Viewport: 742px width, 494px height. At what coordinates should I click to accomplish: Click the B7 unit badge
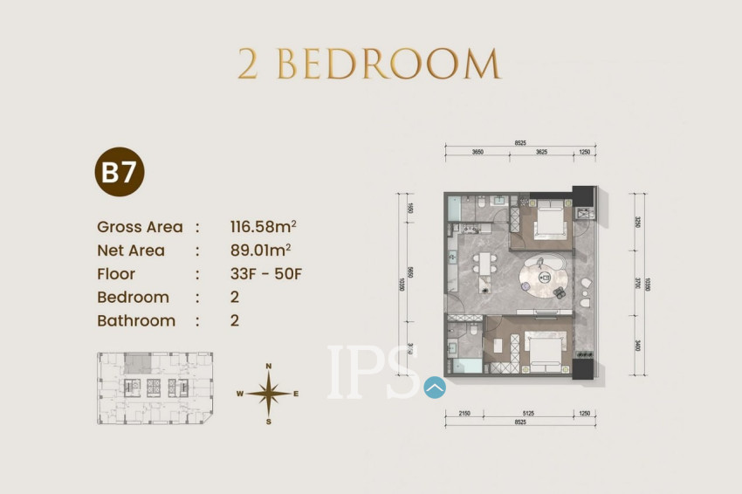pos(119,173)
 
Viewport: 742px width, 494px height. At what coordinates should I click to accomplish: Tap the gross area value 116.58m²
pos(263,227)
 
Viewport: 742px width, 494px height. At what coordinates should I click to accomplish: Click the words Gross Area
pos(140,227)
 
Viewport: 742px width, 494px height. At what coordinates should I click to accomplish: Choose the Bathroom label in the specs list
pos(136,320)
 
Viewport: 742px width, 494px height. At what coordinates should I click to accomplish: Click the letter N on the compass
pos(269,367)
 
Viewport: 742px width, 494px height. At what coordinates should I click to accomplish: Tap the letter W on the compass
pos(239,394)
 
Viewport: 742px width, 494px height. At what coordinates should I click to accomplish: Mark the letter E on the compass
pos(296,394)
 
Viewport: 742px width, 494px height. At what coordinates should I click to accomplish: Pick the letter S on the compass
pos(269,422)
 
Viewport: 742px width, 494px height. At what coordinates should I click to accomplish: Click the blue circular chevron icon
pos(435,387)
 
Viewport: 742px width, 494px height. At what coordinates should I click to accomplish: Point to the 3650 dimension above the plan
pos(477,153)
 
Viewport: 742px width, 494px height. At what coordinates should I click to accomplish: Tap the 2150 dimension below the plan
pos(464,413)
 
